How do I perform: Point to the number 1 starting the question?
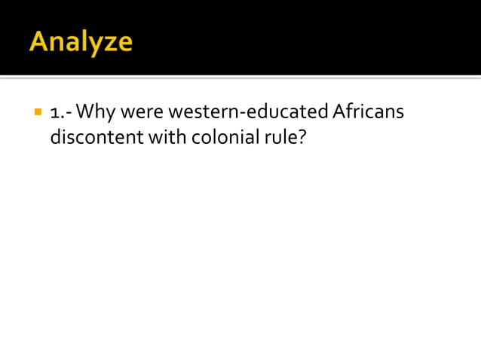pos(54,113)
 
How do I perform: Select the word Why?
pos(94,113)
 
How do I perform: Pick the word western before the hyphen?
pos(203,113)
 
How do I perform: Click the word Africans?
pos(368,113)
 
